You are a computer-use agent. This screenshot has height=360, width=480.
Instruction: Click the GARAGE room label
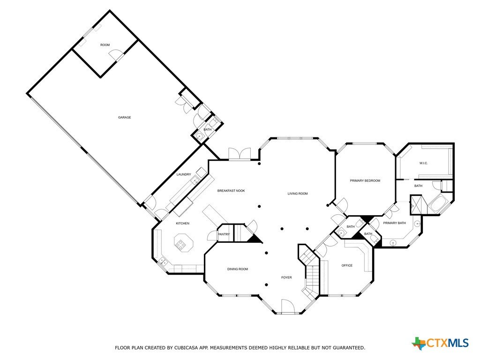(x=125, y=117)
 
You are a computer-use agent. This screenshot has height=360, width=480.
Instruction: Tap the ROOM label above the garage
(x=105, y=45)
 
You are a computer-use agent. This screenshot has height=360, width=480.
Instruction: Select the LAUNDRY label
(x=184, y=174)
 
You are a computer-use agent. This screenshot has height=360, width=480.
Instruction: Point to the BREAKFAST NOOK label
(x=231, y=191)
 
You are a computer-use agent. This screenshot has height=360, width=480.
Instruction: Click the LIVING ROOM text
(x=298, y=194)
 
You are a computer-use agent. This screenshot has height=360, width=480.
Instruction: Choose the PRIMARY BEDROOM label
(x=365, y=180)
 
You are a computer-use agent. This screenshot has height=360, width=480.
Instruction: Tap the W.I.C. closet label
(x=423, y=163)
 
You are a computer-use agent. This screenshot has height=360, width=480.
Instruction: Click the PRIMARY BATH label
(x=394, y=223)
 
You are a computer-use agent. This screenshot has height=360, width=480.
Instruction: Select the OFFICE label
(x=347, y=265)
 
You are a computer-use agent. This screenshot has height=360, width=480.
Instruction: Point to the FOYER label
(x=286, y=277)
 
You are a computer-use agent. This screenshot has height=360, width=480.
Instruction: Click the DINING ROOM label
(x=238, y=269)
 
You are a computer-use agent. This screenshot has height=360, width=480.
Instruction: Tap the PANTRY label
(x=224, y=234)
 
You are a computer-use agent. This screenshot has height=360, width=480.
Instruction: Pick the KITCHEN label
(x=182, y=224)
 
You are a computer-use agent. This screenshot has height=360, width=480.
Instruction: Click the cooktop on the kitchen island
(x=180, y=243)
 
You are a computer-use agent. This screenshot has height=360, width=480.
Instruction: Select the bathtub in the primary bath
(x=438, y=203)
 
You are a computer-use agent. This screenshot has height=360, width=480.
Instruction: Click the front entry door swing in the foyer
(x=287, y=307)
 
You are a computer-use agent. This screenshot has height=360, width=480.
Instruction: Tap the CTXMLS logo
(x=440, y=343)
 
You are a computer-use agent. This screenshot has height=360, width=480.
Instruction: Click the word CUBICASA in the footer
(x=187, y=348)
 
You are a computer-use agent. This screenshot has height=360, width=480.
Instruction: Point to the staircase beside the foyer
(x=310, y=272)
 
